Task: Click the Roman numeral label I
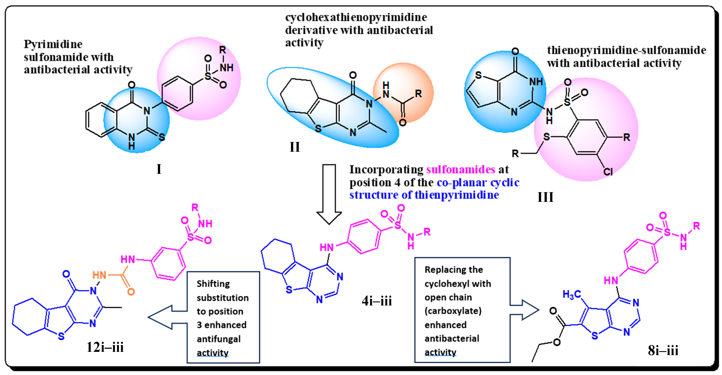pyautogui.click(x=159, y=169)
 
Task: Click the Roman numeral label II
pyautogui.click(x=295, y=147)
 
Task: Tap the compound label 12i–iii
pyautogui.click(x=105, y=347)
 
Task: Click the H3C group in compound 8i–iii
pyautogui.click(x=572, y=294)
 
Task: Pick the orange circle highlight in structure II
pyautogui.click(x=404, y=92)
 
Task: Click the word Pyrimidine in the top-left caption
pyautogui.click(x=53, y=44)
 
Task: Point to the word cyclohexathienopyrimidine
pyautogui.click(x=356, y=17)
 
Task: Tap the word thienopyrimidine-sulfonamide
pyautogui.click(x=627, y=50)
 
